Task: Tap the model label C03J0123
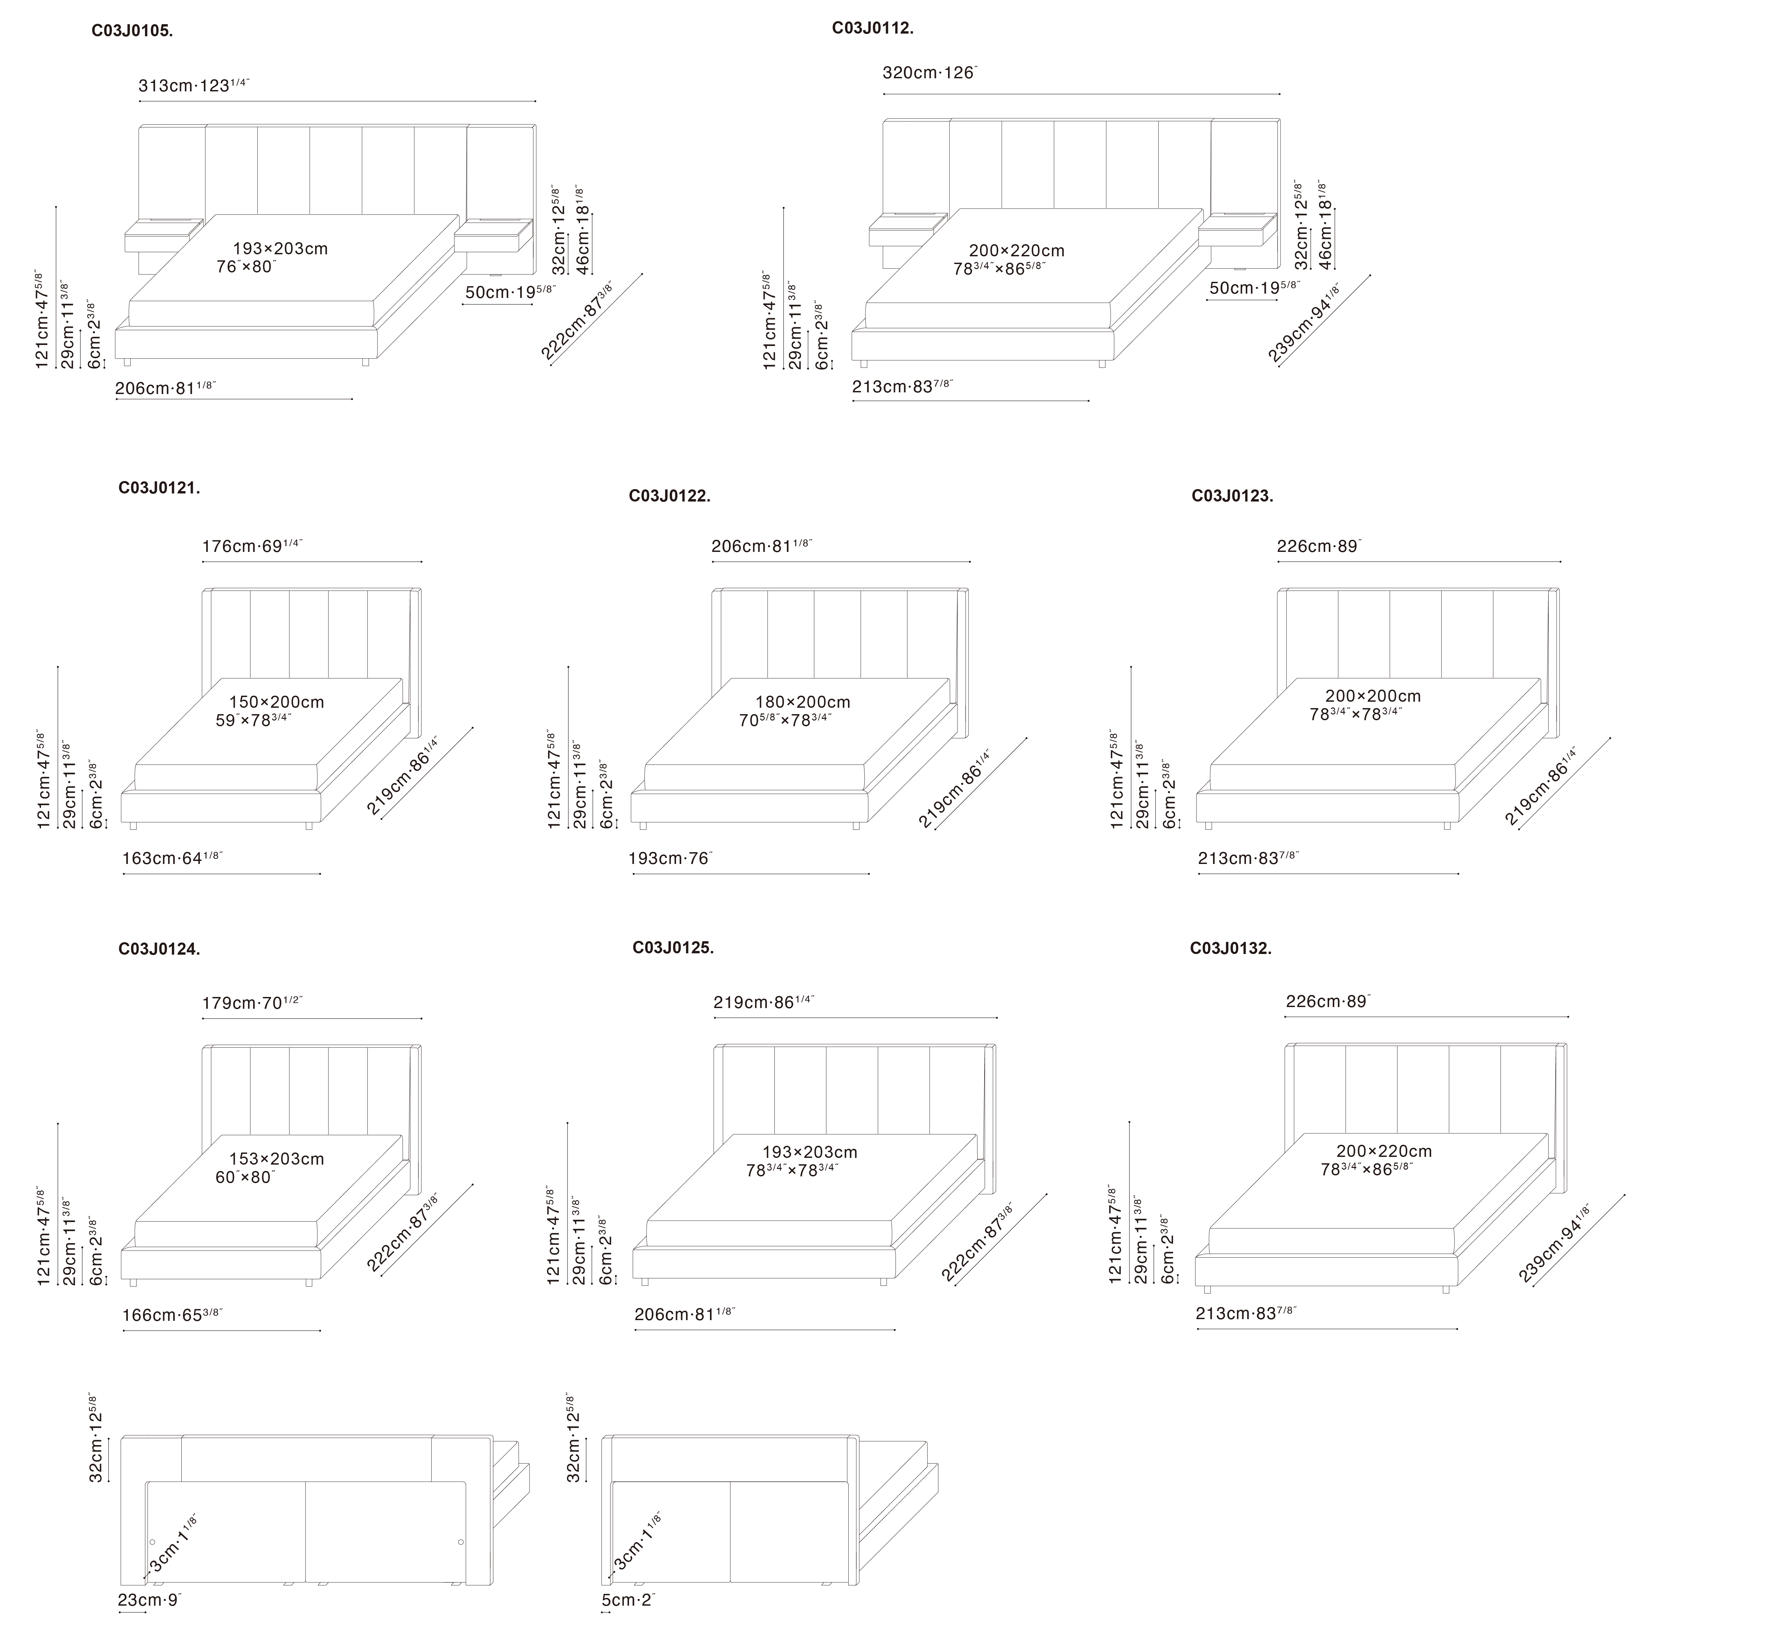(1232, 496)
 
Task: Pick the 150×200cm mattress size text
(276, 702)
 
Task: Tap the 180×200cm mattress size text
(802, 702)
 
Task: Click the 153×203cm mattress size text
(276, 1159)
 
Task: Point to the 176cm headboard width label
(252, 546)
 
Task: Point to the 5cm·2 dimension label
(628, 1600)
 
